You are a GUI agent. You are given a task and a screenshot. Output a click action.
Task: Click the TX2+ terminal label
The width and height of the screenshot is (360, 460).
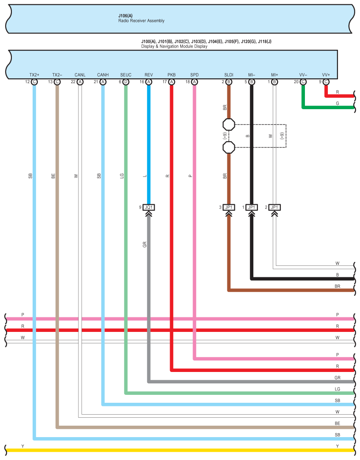pyautogui.click(x=34, y=75)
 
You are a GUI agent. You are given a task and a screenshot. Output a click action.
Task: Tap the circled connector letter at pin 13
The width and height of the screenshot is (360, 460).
pyautogui.click(x=57, y=82)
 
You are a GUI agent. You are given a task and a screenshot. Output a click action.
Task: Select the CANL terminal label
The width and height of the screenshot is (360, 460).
pyautogui.click(x=80, y=75)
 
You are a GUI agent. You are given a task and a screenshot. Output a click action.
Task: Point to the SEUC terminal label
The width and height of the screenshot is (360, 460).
pyautogui.click(x=126, y=75)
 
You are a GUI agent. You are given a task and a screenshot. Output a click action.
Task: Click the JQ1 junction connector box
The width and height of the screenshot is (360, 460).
pyautogui.click(x=148, y=207)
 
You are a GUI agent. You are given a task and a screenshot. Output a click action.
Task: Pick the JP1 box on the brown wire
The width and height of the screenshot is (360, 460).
pyautogui.click(x=229, y=207)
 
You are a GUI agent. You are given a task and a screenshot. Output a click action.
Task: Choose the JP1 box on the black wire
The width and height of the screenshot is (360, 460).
pyautogui.click(x=252, y=207)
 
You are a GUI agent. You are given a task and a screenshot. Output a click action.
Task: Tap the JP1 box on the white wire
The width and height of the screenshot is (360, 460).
pyautogui.click(x=275, y=207)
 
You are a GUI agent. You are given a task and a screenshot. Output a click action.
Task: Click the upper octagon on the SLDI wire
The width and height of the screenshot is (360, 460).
pyautogui.click(x=229, y=124)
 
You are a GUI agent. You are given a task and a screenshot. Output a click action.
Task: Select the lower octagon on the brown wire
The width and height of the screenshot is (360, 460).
pyautogui.click(x=229, y=147)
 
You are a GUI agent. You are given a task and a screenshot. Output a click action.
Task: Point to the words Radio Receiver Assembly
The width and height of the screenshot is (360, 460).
pyautogui.click(x=141, y=21)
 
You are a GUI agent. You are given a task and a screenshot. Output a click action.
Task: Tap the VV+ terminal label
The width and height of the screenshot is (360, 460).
pyautogui.click(x=326, y=75)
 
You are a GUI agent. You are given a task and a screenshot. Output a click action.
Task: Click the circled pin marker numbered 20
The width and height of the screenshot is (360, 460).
pyautogui.click(x=303, y=82)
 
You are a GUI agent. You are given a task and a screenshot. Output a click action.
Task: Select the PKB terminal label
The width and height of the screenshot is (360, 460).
pyautogui.click(x=171, y=75)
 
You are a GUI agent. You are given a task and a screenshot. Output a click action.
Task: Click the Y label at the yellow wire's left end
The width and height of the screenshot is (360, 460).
pyautogui.click(x=23, y=446)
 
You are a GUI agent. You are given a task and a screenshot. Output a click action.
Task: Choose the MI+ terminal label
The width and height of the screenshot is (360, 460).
pyautogui.click(x=275, y=75)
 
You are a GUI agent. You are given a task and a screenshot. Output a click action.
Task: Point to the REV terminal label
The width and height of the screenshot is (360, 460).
pyautogui.click(x=148, y=75)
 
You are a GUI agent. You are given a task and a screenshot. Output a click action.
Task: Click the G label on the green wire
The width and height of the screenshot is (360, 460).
pyautogui.click(x=338, y=103)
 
